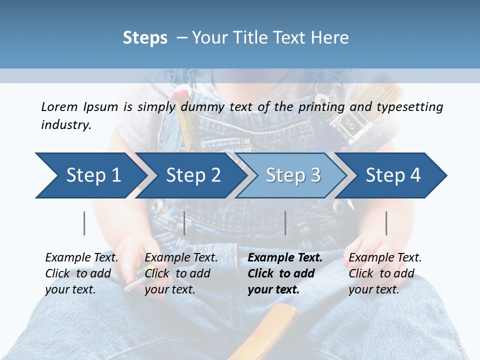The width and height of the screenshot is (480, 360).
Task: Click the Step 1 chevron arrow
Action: click(90, 175)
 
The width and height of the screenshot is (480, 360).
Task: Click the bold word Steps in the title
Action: click(145, 38)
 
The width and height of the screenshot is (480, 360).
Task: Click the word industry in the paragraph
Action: click(65, 125)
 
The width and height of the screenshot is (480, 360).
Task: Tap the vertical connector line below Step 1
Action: click(84, 223)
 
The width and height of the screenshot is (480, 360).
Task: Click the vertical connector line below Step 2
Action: click(184, 223)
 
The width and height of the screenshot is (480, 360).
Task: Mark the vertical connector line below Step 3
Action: click(285, 223)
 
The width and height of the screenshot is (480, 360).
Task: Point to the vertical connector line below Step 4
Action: click(386, 223)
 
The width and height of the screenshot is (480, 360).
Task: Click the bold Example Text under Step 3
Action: click(285, 258)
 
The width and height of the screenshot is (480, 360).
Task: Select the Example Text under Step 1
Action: click(81, 258)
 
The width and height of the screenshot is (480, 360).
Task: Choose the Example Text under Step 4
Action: click(385, 258)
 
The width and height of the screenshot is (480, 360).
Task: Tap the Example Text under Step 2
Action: click(181, 258)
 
